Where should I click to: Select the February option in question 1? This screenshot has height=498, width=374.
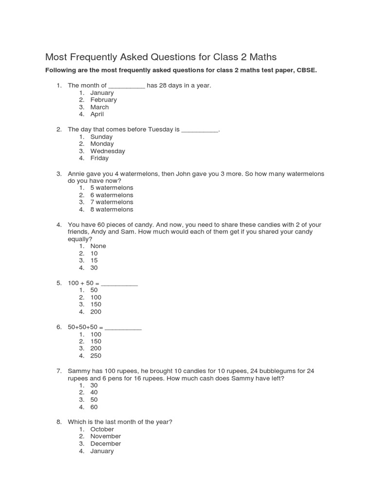click(103, 100)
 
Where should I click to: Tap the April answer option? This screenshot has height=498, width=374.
click(97, 114)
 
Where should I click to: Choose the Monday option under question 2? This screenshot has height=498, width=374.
click(102, 144)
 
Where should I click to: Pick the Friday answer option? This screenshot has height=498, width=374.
click(99, 158)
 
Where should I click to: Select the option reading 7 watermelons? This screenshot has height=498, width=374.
click(112, 202)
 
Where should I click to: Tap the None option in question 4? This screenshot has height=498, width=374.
click(98, 246)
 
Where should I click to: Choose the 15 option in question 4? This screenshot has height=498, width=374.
click(94, 260)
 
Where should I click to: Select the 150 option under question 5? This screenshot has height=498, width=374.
click(96, 304)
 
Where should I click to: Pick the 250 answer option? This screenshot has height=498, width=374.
click(96, 356)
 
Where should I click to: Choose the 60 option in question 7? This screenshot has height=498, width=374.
click(94, 407)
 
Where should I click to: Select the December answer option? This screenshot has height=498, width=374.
click(106, 444)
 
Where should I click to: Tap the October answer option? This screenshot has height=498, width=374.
click(102, 429)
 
